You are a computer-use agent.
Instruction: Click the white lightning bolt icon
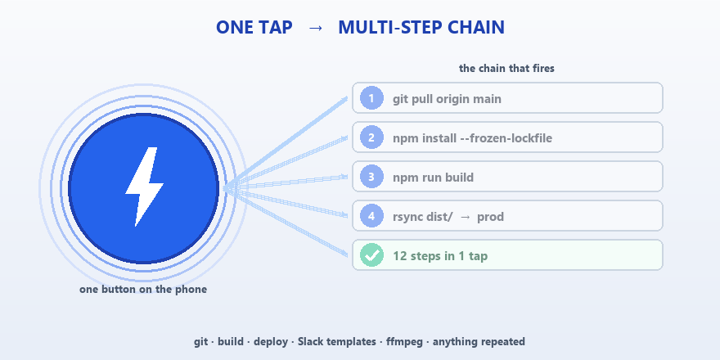coord(144,187)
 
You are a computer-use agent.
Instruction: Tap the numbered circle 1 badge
coord(371,98)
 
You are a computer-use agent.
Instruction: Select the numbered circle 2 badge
coord(371,137)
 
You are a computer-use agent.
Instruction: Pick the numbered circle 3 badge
coord(371,177)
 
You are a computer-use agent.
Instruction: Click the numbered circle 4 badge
coord(371,216)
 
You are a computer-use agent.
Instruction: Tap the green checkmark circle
coord(371,254)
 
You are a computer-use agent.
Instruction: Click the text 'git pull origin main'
coord(447,99)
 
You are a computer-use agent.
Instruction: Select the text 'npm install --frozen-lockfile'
coord(473,138)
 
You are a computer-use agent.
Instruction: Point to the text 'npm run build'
coord(433,178)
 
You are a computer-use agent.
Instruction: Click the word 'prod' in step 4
coord(490,217)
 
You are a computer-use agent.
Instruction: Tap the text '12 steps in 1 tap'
coord(440,256)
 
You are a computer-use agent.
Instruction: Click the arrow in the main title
coord(316,28)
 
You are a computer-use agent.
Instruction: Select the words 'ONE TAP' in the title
coord(254,28)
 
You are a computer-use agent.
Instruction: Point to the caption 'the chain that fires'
coord(506,69)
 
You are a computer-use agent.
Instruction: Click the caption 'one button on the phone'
coord(143,290)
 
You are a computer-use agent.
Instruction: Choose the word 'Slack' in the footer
coord(310,342)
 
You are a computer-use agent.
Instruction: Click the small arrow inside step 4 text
coord(465,217)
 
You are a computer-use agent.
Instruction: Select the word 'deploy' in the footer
coord(271,342)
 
